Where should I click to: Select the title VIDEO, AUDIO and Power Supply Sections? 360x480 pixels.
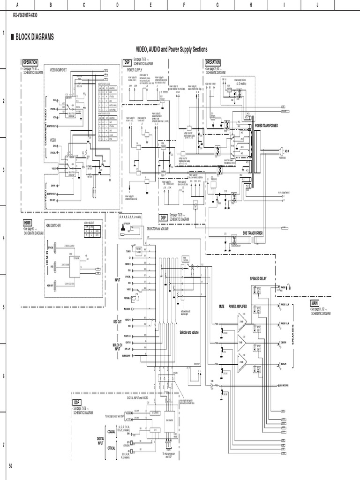click(171, 49)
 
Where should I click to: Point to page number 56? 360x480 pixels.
click(11, 465)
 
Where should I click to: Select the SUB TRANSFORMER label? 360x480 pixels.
click(252, 233)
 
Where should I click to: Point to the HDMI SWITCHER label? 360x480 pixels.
click(54, 225)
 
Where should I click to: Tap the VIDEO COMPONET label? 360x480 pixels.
click(59, 70)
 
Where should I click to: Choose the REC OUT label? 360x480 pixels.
click(117, 321)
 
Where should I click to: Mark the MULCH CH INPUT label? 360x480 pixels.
click(117, 347)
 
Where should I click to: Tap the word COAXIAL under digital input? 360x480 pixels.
click(111, 431)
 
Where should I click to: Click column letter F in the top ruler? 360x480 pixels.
click(185, 4)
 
